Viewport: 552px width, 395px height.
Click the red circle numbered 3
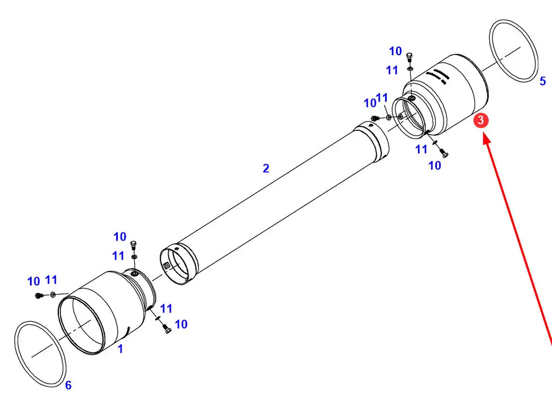[481, 121]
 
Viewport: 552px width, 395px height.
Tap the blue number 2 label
[266, 168]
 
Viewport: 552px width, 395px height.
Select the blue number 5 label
[543, 81]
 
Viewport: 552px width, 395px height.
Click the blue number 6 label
[68, 385]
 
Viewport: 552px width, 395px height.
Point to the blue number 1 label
[121, 349]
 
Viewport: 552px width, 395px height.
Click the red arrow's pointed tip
[484, 133]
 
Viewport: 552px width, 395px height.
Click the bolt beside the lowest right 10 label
[443, 153]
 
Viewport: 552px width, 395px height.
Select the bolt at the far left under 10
[39, 295]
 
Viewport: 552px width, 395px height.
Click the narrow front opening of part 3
[410, 118]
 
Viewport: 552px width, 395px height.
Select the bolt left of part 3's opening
[375, 118]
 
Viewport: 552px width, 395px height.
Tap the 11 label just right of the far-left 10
[51, 280]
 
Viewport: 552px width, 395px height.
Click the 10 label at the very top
[395, 51]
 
